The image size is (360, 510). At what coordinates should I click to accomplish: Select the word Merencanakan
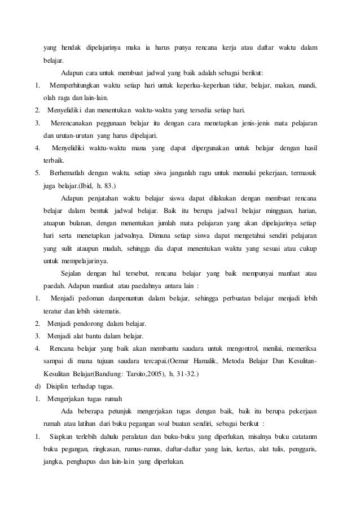[x=75, y=123]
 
